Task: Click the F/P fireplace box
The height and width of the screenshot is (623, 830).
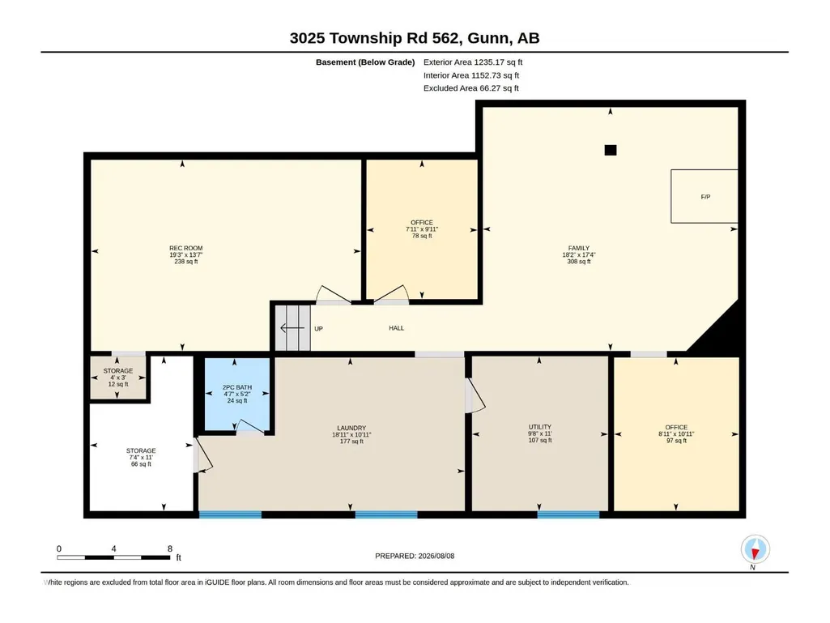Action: point(704,197)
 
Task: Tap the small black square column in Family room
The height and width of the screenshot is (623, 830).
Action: point(611,150)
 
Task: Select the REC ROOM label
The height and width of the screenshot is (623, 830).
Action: point(185,248)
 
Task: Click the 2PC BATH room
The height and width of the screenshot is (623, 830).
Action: point(236,395)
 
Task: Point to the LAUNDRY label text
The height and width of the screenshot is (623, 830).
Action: point(351,428)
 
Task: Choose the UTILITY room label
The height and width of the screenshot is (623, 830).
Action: point(540,427)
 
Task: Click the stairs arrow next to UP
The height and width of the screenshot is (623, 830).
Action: point(292,328)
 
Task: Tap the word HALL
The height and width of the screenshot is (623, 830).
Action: point(397,328)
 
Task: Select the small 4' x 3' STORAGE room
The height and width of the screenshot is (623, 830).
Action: point(118,378)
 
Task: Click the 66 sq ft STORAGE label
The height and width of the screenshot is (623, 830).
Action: point(141,457)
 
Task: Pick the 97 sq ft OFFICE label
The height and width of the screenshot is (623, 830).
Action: point(676,434)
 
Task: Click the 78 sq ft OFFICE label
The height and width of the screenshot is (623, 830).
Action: point(422,229)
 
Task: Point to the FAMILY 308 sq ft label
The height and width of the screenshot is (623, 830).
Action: point(578,255)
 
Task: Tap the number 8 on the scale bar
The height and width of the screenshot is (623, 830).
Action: point(170,548)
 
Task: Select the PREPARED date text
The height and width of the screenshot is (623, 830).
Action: point(415,556)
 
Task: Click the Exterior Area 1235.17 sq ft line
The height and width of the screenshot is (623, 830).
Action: point(473,62)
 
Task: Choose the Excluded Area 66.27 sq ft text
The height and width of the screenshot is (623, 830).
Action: point(471,88)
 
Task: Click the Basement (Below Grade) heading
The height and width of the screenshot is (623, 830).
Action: point(365,62)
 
